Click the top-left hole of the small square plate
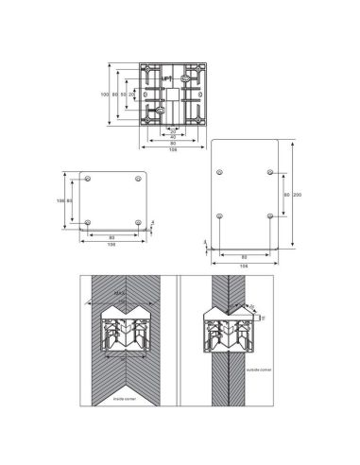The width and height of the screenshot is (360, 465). click(x=88, y=179)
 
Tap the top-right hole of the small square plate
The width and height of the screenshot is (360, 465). click(x=138, y=179)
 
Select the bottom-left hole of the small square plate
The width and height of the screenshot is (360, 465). click(x=88, y=222)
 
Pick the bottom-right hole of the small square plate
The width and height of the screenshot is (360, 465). click(x=138, y=222)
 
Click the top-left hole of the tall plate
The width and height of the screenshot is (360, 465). click(x=219, y=172)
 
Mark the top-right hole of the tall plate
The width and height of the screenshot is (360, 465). click(x=270, y=172)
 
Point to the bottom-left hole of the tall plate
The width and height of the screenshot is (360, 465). click(x=219, y=215)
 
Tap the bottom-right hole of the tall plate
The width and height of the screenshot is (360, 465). click(x=270, y=215)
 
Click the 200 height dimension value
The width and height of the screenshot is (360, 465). click(x=298, y=194)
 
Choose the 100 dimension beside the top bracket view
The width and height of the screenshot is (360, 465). click(x=105, y=95)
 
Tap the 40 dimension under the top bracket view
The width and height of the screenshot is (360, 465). click(x=172, y=135)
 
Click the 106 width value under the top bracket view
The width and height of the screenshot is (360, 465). click(x=172, y=148)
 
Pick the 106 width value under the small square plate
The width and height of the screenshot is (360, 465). click(x=112, y=243)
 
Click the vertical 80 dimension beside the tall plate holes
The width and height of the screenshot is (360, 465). click(x=286, y=194)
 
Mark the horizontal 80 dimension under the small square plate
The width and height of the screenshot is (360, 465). click(x=112, y=235)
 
